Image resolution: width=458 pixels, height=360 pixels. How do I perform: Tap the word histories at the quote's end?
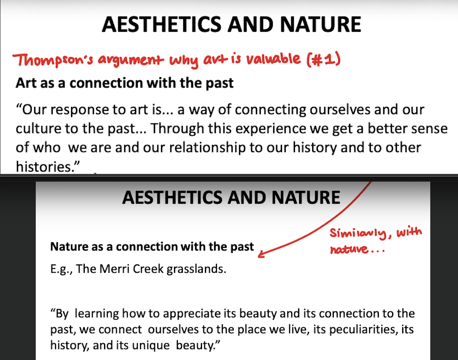click(46, 166)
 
